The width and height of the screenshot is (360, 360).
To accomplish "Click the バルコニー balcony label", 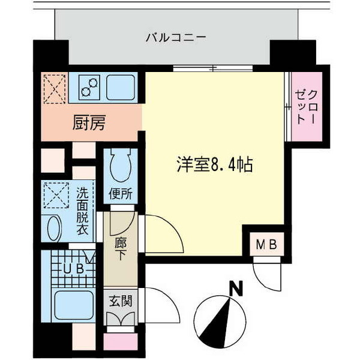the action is coord(176,37).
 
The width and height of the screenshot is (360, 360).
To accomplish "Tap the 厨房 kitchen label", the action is coord(89,122).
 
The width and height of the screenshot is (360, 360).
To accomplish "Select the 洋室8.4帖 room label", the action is coord(215,164).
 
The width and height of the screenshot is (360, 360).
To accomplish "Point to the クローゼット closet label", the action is coord(307,107).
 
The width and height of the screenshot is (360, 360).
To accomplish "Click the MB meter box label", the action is coord(266,245).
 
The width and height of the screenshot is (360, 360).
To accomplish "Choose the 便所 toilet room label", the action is coord(121,194).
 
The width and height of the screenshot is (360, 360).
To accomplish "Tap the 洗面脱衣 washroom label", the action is coord(82,211).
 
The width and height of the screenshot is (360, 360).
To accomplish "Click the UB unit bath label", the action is coord(73,269).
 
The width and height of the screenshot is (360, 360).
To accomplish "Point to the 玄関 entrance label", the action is coord(121,301).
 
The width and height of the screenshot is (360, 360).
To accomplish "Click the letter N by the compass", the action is coord(236,289).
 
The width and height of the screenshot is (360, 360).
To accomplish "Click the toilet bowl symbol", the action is coord(121,166).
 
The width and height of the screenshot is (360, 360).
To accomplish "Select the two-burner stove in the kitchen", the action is coord(89,88).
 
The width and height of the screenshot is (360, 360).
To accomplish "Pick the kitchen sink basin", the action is coord(121,88).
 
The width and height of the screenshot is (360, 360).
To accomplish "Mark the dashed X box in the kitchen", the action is coord(55,89).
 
